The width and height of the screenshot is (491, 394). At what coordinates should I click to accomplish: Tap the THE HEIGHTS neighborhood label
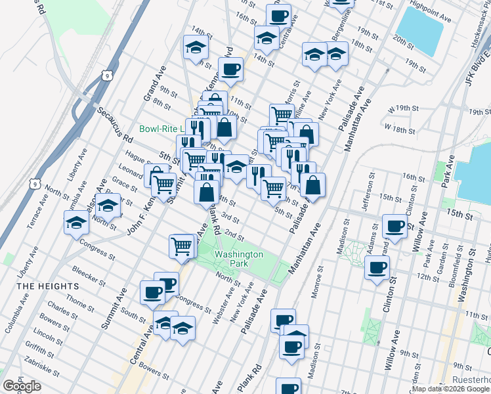pos(48,286)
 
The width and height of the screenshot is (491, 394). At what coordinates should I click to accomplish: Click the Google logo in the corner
pos(22,386)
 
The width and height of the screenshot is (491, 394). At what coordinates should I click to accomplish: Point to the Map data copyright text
pos(450,389)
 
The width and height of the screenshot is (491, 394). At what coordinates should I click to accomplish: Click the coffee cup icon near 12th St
pos(377,267)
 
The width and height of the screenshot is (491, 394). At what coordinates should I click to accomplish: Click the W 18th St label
pos(398,127)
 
